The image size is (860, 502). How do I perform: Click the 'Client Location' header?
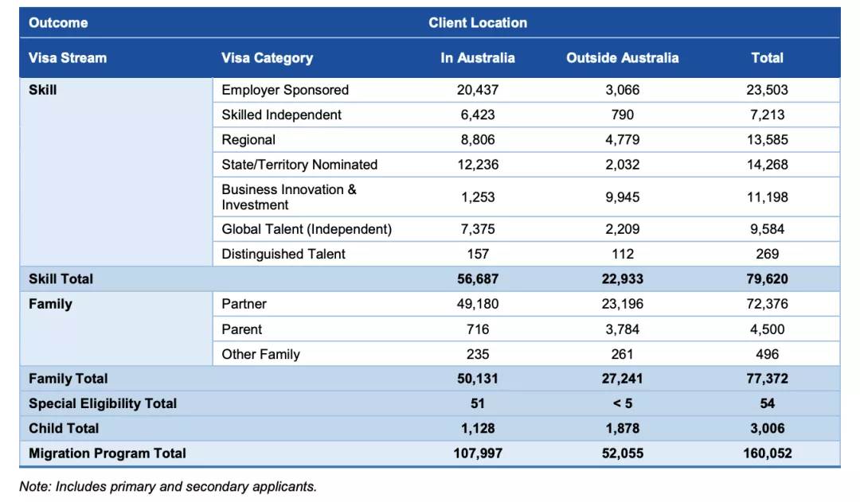point(478,22)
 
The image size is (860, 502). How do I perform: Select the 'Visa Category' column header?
point(267,58)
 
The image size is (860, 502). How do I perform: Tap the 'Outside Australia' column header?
point(622,58)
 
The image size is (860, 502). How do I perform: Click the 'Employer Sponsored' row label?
point(285,90)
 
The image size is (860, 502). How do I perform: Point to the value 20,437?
point(478,90)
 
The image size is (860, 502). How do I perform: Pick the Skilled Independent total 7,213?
point(767,115)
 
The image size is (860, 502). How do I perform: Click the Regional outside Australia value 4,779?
point(622,140)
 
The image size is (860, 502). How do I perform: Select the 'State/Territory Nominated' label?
point(299,165)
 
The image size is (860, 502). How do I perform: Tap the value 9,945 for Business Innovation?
point(622,197)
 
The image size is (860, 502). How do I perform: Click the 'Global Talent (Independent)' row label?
point(307,229)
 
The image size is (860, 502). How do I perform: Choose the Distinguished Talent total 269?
point(767,254)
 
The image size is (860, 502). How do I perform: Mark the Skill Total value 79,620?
point(767,279)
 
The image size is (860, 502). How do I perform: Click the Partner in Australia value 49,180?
point(478,304)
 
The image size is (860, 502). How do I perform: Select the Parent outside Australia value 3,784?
point(622,329)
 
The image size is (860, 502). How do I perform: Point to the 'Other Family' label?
point(260,354)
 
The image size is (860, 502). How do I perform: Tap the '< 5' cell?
point(622,403)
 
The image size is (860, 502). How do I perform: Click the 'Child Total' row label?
point(64,428)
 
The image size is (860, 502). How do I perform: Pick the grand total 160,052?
point(767,453)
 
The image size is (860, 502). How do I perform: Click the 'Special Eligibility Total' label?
point(103,403)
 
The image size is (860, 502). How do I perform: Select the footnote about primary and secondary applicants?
point(168,486)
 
